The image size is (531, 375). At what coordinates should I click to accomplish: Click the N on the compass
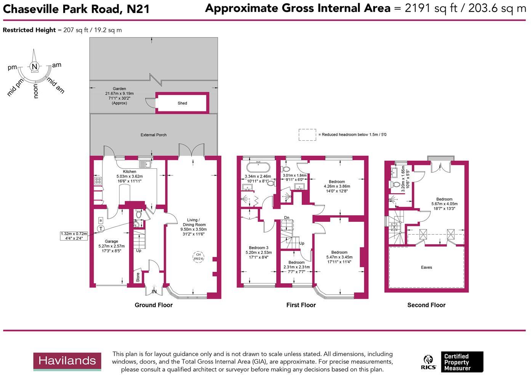pyautogui.click(x=35, y=67)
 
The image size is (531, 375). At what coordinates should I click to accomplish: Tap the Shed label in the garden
pyautogui.click(x=182, y=103)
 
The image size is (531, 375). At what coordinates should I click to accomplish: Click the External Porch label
pyautogui.click(x=154, y=135)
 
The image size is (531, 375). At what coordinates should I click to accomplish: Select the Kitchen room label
pyautogui.click(x=130, y=172)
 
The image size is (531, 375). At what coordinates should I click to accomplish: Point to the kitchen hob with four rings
pyautogui.click(x=98, y=181)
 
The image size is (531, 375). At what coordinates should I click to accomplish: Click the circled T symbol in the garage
pyautogui.click(x=101, y=229)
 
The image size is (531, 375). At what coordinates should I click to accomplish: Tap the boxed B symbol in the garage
pyautogui.click(x=101, y=220)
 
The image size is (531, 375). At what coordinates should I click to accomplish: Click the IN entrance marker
pyautogui.click(x=154, y=292)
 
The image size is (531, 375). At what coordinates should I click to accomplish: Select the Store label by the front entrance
pyautogui.click(x=138, y=277)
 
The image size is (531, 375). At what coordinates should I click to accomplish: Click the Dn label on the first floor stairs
pyautogui.click(x=286, y=218)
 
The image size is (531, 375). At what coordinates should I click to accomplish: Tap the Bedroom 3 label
pyautogui.click(x=259, y=248)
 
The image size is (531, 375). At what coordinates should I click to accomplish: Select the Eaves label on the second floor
pyautogui.click(x=426, y=268)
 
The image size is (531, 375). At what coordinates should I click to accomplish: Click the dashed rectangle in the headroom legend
pyautogui.click(x=307, y=135)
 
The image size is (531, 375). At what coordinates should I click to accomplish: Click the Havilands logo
pyautogui.click(x=67, y=361)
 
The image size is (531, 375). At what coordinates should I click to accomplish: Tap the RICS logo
pyautogui.click(x=429, y=362)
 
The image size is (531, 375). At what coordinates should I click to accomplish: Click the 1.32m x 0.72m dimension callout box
pyautogui.click(x=74, y=236)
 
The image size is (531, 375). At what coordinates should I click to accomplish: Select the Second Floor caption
pyautogui.click(x=426, y=305)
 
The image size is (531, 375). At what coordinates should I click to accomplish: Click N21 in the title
pyautogui.click(x=138, y=9)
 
